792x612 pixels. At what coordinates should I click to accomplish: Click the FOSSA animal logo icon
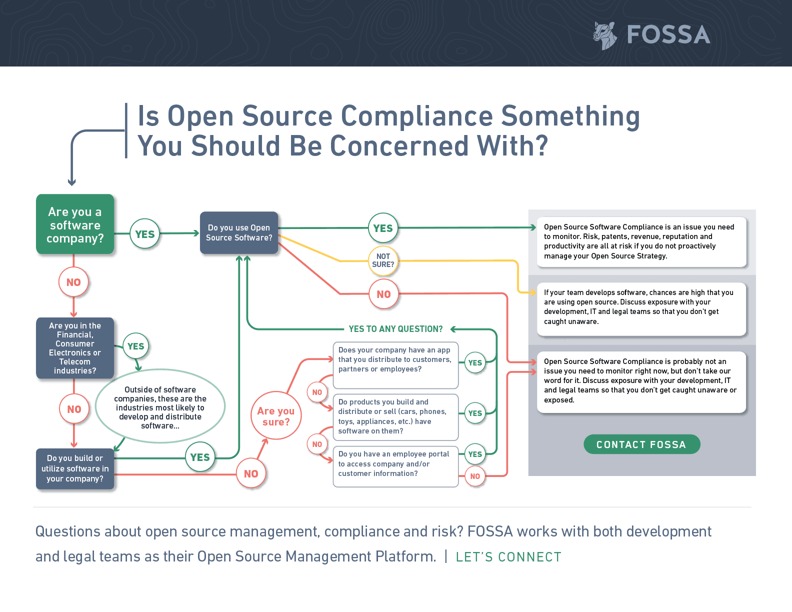605,35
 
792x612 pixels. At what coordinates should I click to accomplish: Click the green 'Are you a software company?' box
75,224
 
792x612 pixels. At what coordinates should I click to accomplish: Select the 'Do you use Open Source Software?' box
239,233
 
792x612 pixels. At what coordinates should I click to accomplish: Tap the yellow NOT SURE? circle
383,260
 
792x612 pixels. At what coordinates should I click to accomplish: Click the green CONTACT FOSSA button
641,444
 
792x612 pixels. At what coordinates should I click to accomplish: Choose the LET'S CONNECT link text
508,557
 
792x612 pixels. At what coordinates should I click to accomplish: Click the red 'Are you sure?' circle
276,416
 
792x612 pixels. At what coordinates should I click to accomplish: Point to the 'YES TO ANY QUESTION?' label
395,329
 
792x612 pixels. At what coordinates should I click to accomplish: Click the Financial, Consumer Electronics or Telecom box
75,348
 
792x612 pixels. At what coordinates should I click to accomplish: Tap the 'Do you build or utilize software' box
75,468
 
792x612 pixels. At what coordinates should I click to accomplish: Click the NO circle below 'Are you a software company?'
73,282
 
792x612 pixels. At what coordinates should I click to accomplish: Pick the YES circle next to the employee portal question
475,454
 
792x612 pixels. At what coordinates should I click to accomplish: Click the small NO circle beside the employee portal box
475,476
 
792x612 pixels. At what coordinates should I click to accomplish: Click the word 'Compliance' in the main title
417,116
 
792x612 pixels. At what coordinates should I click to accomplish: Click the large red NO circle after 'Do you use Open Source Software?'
383,294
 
